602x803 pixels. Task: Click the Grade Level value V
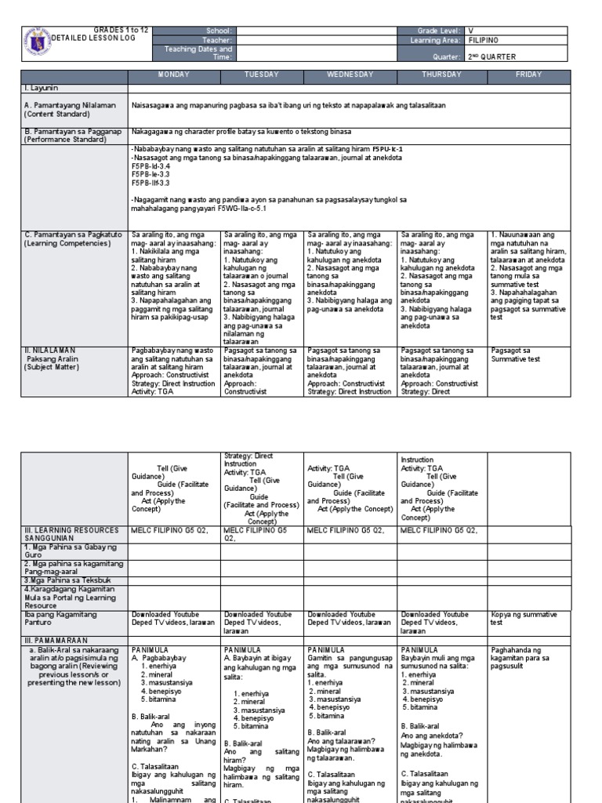coord(471,29)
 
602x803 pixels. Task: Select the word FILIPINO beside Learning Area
coord(483,39)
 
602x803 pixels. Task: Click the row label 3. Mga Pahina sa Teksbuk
coord(60,579)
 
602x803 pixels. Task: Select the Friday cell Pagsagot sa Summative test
coord(517,354)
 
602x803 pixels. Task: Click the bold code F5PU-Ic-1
coord(388,147)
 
